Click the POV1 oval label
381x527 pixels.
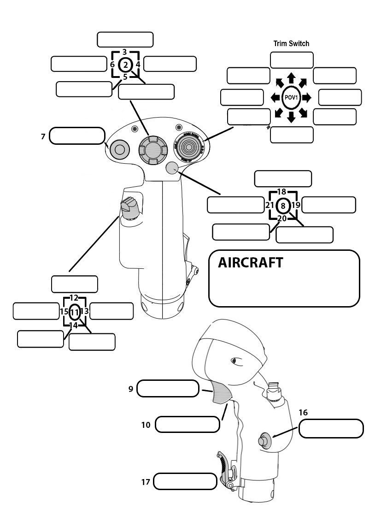point(291,97)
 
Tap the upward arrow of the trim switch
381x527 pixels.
point(291,77)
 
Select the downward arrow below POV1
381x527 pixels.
point(291,118)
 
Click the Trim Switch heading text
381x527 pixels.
point(291,44)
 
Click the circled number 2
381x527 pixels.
point(125,65)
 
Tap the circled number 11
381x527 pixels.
point(75,312)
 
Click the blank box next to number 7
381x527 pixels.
point(77,136)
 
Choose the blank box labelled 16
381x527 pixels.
point(331,429)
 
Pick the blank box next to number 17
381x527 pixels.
point(185,481)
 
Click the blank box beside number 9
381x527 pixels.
point(168,389)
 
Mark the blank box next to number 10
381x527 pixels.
point(187,424)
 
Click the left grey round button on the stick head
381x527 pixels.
point(119,149)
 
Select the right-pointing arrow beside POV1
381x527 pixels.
point(307,97)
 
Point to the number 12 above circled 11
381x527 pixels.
point(74,298)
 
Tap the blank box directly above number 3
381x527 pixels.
point(125,40)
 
